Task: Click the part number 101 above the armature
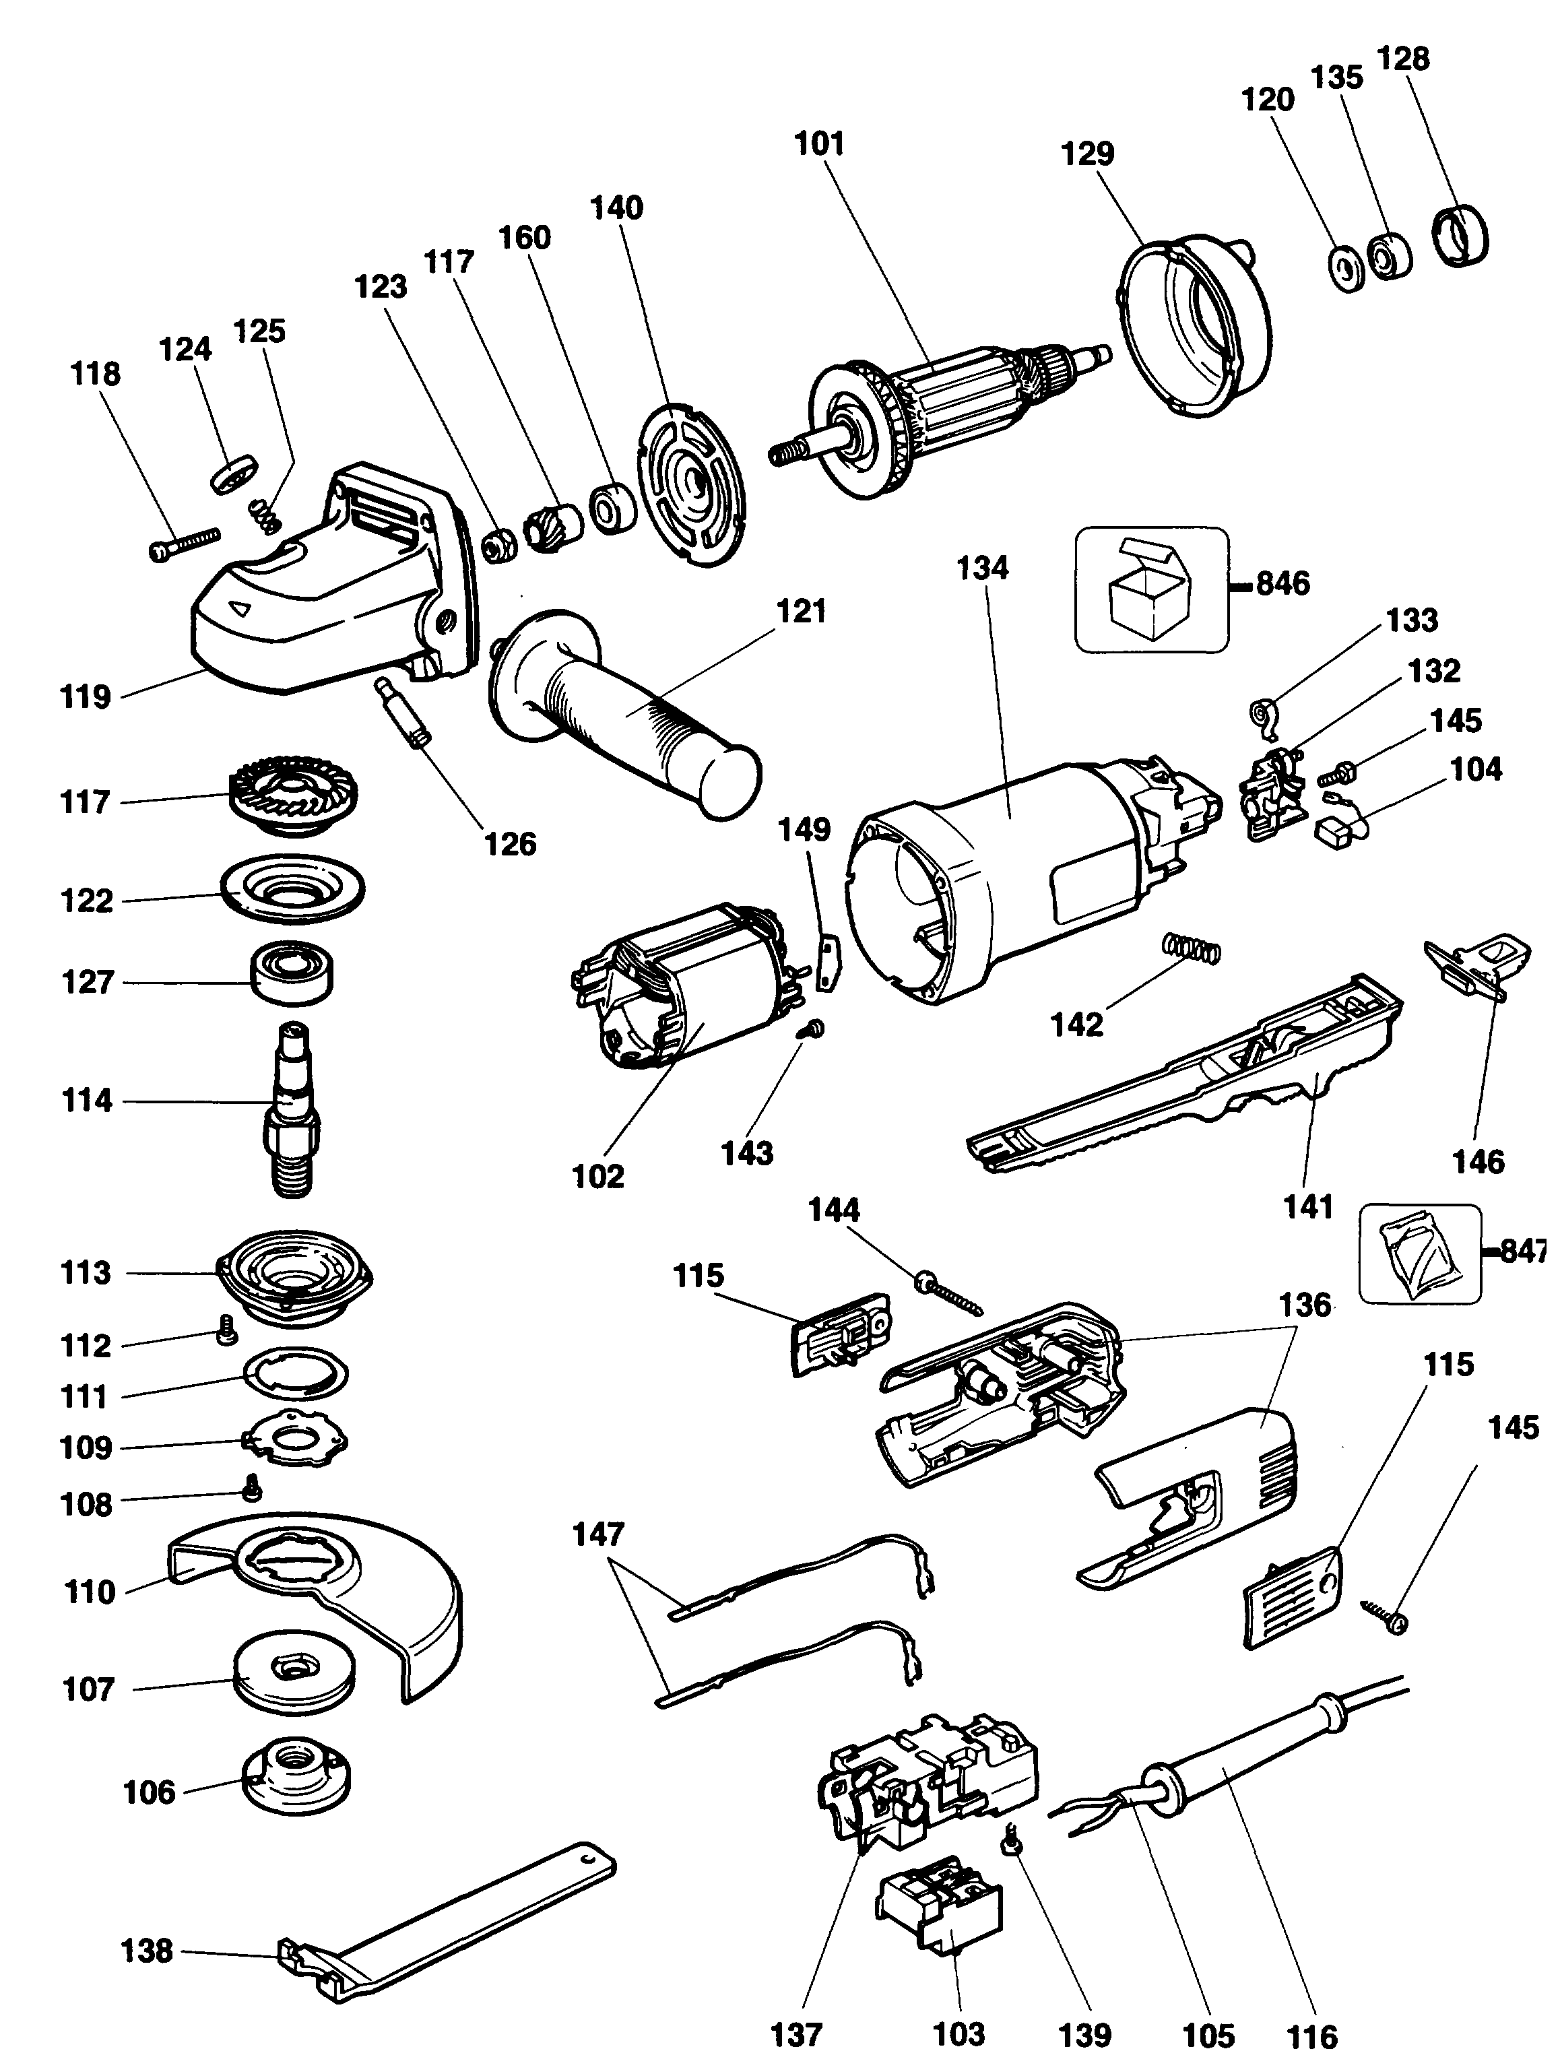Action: tap(820, 144)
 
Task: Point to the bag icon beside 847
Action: tap(1418, 1254)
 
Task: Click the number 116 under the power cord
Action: tap(1311, 2034)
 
